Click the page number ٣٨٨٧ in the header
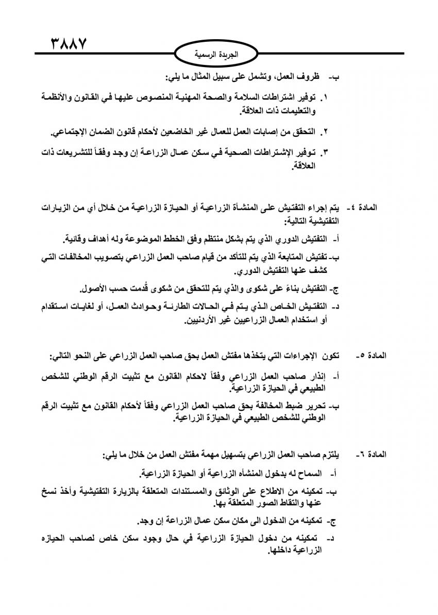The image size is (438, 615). [68, 42]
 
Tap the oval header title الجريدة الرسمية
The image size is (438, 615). [219, 53]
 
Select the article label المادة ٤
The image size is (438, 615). [364, 208]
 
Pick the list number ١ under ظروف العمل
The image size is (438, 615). [326, 97]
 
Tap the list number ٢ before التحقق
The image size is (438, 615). [326, 133]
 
